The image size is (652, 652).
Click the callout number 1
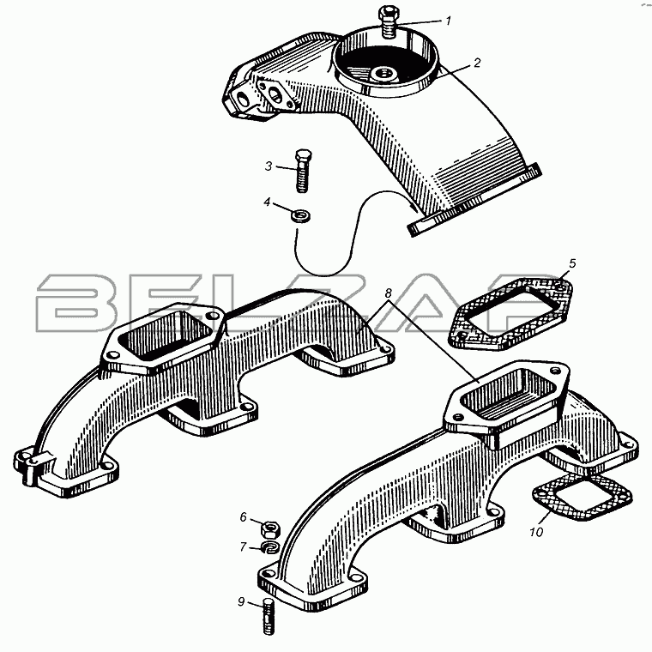(x=448, y=21)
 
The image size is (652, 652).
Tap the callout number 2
(x=477, y=63)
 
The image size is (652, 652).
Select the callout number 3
(x=269, y=166)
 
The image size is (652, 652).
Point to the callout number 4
(x=267, y=202)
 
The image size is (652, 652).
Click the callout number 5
(x=572, y=263)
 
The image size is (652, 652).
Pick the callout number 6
(x=244, y=516)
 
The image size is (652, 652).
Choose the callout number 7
(x=244, y=546)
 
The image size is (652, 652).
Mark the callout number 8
(x=388, y=293)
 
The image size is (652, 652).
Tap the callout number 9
(x=241, y=601)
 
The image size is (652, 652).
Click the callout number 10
(x=536, y=532)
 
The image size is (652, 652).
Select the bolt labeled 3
(x=302, y=171)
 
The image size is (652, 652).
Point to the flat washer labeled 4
(x=300, y=216)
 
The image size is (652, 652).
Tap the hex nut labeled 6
(x=270, y=528)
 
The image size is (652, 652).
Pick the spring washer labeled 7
(x=271, y=547)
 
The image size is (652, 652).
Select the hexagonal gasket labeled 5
(x=510, y=314)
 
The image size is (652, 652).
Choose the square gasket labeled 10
(x=583, y=498)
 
